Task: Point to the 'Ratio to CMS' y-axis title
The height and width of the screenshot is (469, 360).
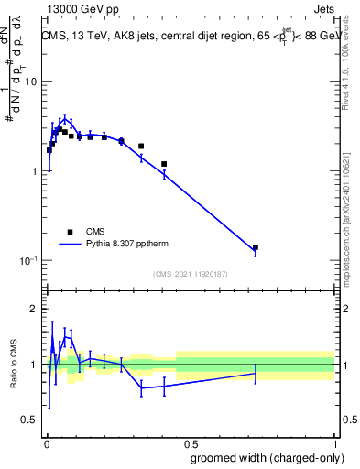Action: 14,365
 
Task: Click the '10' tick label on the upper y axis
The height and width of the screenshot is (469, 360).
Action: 30,82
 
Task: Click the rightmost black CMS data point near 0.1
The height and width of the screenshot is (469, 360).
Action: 256,247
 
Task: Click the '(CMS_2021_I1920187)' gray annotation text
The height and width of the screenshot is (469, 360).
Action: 190,274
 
